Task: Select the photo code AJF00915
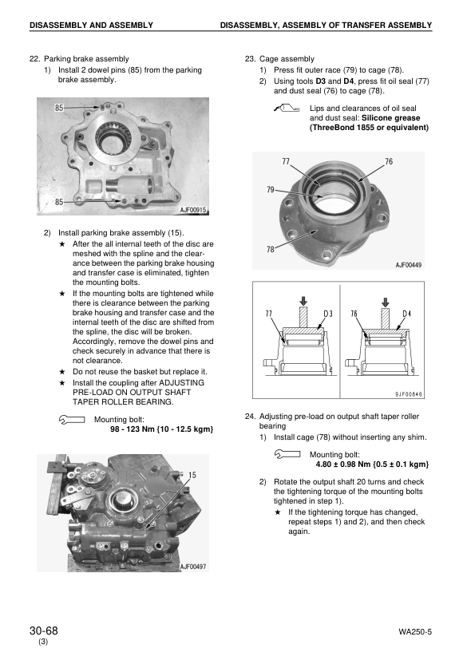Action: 190,210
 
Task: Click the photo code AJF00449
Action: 409,265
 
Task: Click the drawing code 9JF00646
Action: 410,393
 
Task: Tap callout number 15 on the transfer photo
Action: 192,475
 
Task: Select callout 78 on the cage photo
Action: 271,250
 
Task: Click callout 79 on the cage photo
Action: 271,190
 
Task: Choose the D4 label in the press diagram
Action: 407,313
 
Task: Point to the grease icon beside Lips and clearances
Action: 285,109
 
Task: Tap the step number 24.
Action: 250,417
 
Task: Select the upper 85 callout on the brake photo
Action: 59,107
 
